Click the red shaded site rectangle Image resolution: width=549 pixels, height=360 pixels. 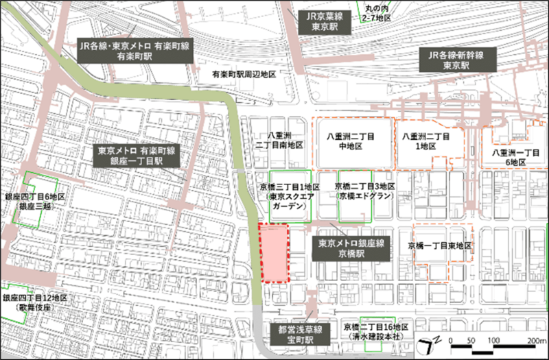tap(274, 252)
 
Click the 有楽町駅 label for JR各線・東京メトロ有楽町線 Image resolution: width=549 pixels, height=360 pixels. tap(135, 52)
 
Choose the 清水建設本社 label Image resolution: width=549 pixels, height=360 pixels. tap(378, 332)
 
